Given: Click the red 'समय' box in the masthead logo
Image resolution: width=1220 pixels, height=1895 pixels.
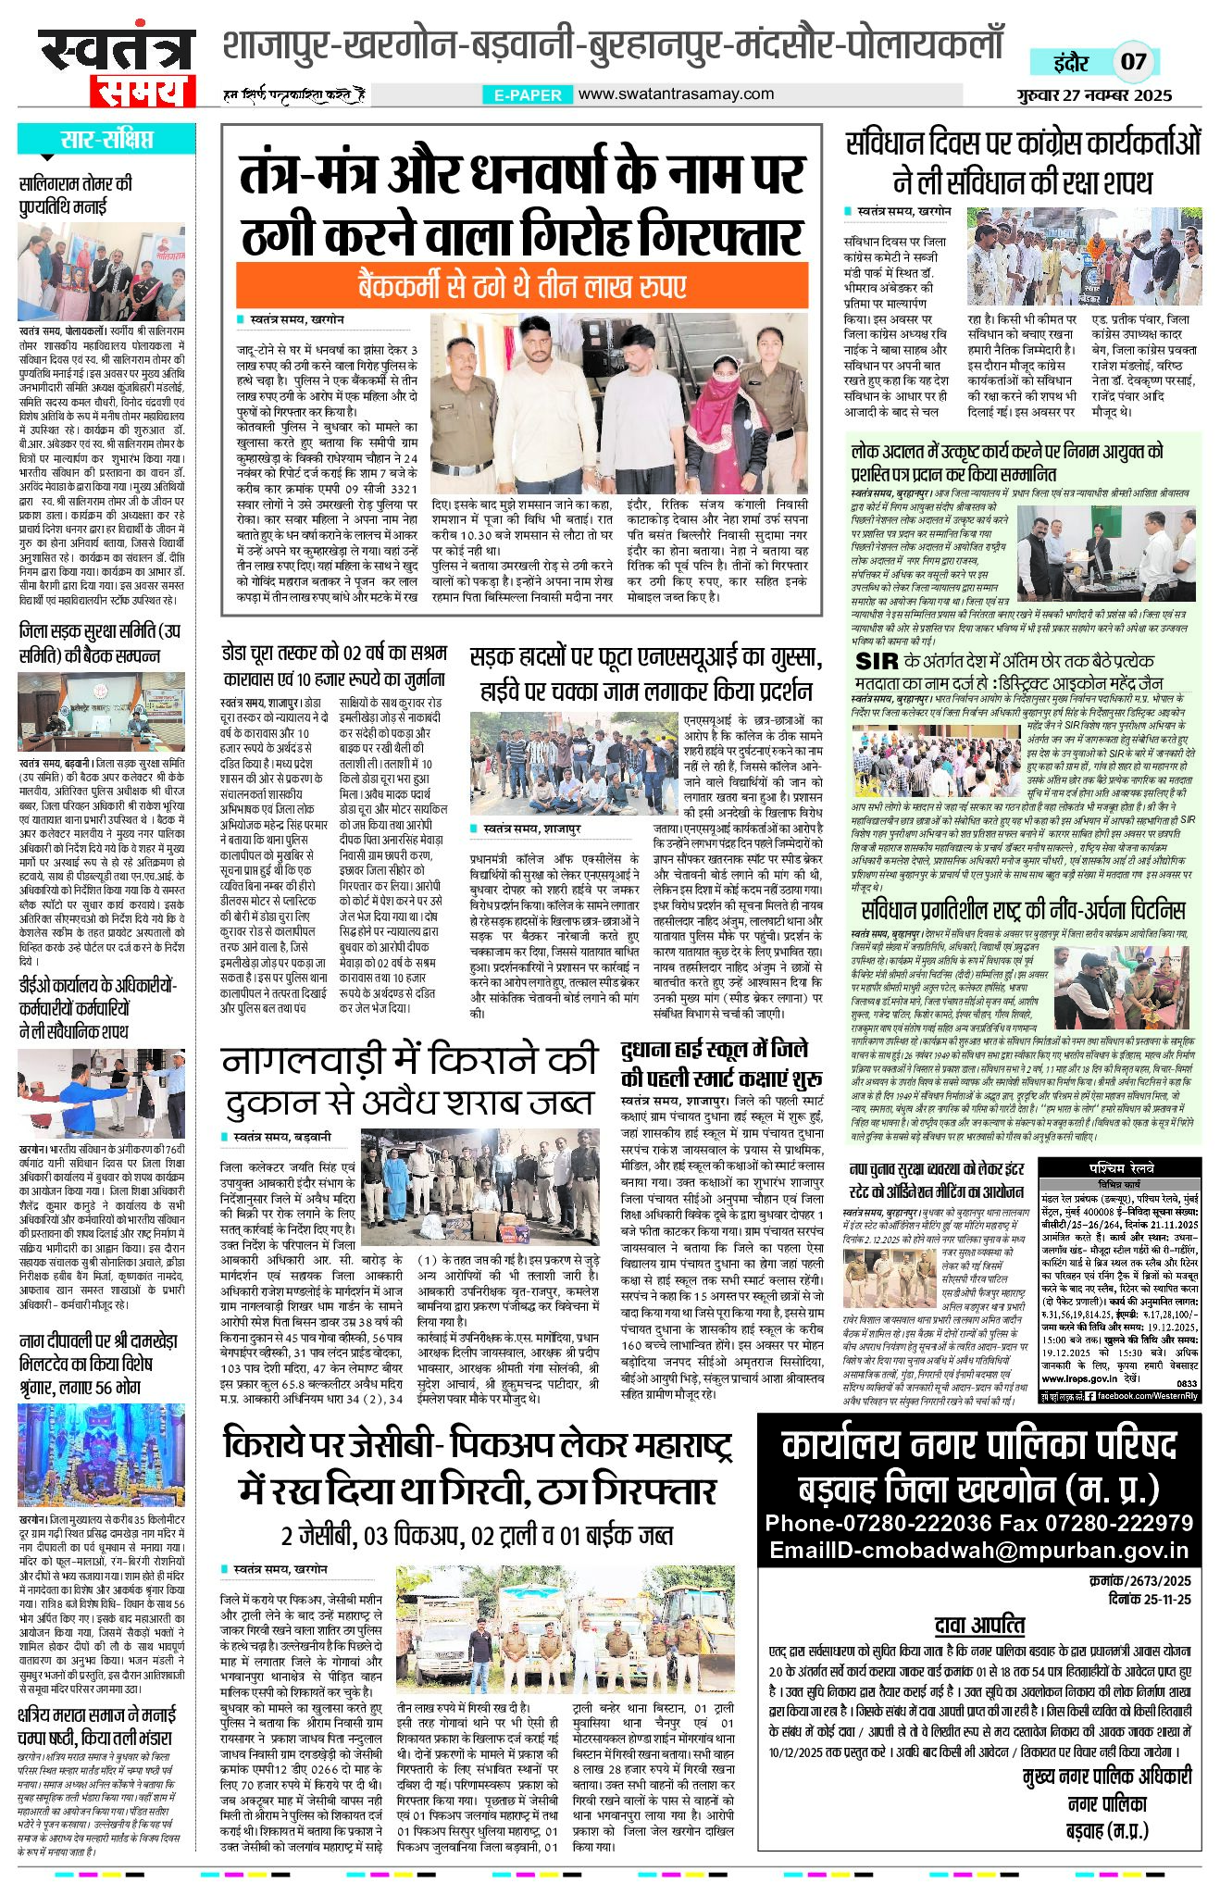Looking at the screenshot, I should click(x=143, y=92).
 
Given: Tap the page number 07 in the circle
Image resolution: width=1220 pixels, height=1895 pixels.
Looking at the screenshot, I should click(x=1133, y=62).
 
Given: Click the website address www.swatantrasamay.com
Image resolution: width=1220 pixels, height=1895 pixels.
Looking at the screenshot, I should click(x=676, y=94).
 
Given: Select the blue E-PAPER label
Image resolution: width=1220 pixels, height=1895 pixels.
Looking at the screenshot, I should click(x=527, y=94).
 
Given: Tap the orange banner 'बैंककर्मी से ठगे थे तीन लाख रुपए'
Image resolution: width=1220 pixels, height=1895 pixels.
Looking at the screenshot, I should click(x=521, y=285).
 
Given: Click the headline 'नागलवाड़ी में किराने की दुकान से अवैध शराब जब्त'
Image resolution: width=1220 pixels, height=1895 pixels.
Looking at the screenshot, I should click(x=409, y=1080).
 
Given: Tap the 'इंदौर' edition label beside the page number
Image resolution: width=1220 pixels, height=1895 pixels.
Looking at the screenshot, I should click(x=1071, y=63).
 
